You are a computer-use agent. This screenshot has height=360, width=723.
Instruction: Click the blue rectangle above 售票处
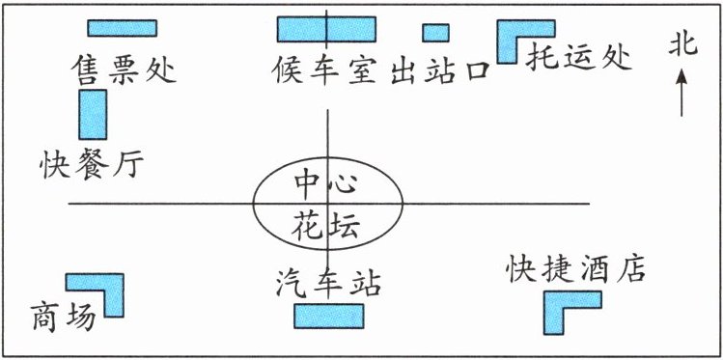(x=123, y=28)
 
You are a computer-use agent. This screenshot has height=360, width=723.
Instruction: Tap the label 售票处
(x=124, y=69)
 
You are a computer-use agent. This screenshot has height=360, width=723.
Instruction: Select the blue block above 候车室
(x=326, y=29)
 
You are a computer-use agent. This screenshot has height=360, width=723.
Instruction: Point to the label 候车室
(x=323, y=69)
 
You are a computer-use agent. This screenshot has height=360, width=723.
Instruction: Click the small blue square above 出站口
(x=435, y=33)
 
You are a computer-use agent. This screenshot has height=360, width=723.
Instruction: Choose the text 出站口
(x=439, y=71)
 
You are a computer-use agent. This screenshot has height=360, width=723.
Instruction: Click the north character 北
(x=682, y=47)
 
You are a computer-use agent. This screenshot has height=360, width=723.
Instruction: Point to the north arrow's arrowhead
(x=681, y=76)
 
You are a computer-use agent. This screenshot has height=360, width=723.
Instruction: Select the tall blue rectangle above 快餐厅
(x=93, y=114)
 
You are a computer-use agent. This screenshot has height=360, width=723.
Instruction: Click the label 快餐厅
(x=92, y=164)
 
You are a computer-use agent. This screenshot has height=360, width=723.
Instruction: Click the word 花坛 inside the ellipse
(x=326, y=226)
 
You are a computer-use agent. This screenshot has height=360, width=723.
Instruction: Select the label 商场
(x=63, y=318)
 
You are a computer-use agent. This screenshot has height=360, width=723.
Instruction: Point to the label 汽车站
(x=329, y=284)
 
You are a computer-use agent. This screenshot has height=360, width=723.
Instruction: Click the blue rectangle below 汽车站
(x=329, y=316)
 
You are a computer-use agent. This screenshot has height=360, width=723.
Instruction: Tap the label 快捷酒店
(x=576, y=267)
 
